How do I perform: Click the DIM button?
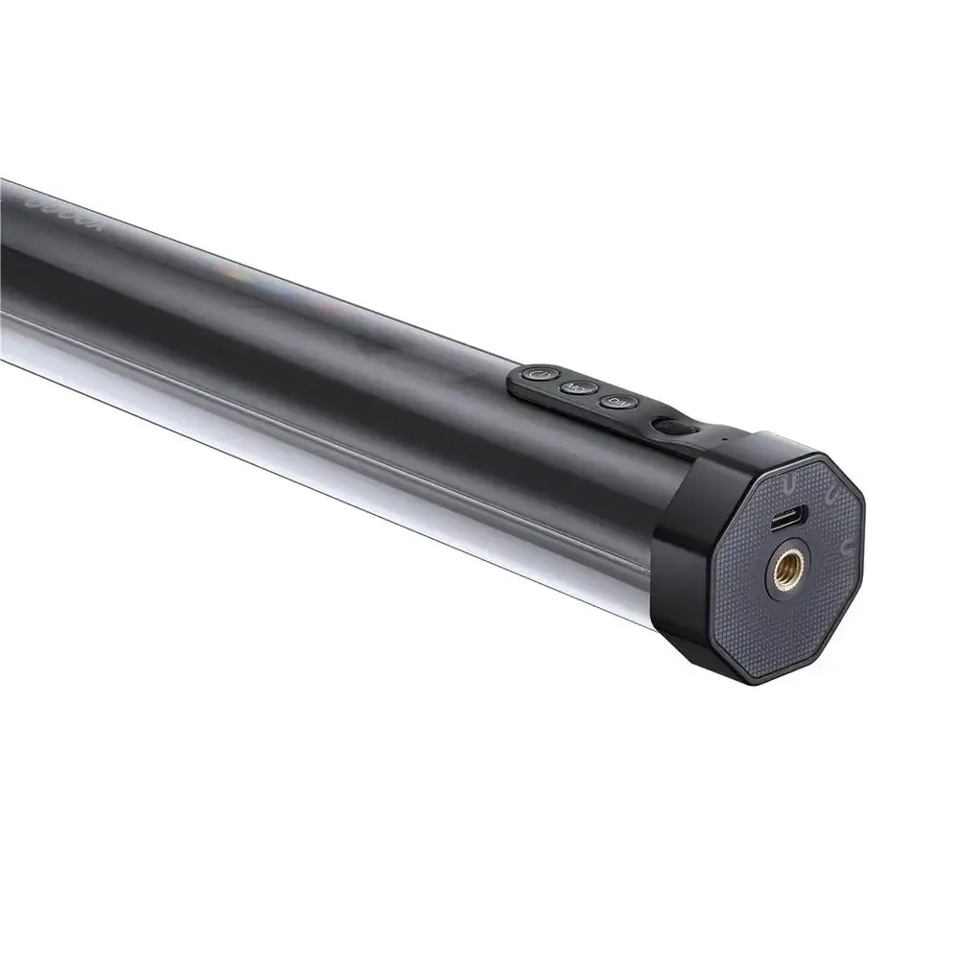pyautogui.click(x=613, y=401)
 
